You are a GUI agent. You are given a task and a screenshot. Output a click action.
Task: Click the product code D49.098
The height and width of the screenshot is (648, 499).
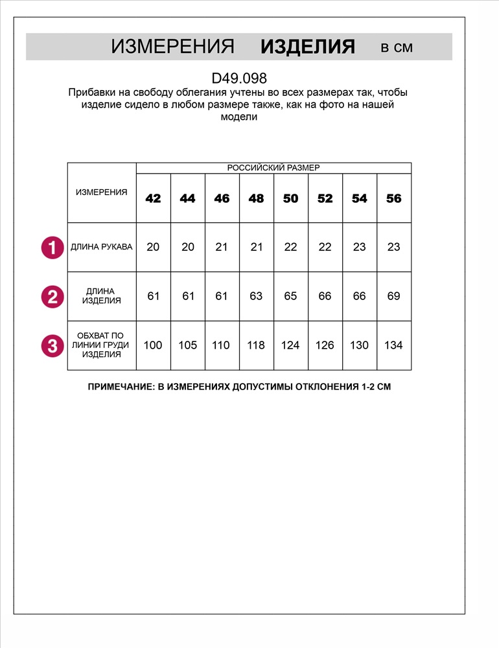tap(239, 78)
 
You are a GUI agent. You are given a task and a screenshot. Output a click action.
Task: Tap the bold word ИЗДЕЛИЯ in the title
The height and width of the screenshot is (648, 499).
tap(307, 47)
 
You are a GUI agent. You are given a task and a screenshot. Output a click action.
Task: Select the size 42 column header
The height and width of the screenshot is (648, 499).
tap(153, 198)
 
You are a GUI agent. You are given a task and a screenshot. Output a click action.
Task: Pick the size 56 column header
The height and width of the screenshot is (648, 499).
tap(393, 198)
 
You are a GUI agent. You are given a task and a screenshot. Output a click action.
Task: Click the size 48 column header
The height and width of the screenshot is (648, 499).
tap(256, 198)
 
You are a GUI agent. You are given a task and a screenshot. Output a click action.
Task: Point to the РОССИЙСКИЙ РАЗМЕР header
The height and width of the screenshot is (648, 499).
tap(273, 168)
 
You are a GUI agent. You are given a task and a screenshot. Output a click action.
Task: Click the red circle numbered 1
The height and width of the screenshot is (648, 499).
tap(52, 248)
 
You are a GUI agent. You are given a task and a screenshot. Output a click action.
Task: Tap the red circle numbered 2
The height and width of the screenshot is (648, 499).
tap(52, 297)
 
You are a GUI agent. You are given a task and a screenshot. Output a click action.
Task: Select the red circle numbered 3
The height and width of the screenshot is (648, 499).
tap(52, 345)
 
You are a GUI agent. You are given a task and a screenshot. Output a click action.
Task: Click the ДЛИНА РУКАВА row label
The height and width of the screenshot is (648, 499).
tap(102, 247)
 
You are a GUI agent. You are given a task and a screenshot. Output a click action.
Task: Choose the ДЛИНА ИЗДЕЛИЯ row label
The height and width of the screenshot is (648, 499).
tap(102, 296)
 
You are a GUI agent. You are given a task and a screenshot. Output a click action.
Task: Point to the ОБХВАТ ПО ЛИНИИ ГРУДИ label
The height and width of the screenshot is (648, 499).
tap(102, 345)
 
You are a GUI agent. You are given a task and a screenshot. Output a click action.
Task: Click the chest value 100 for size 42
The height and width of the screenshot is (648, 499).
tap(153, 345)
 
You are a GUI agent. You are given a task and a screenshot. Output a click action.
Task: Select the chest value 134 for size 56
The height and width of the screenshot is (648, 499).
tap(393, 345)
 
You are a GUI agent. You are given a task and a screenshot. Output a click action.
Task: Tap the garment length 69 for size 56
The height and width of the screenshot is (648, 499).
tap(393, 296)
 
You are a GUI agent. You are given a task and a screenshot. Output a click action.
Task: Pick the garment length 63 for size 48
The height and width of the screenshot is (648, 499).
tap(256, 296)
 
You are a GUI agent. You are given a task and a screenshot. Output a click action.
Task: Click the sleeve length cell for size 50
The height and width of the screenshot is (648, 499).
tap(290, 247)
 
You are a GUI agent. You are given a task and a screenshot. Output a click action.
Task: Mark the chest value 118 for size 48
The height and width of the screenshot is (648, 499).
tap(256, 345)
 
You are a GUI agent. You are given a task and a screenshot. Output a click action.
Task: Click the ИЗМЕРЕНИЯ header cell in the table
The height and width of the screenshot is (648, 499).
tap(102, 192)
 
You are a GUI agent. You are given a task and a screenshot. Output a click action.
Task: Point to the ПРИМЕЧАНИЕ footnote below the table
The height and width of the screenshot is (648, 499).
tap(239, 387)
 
